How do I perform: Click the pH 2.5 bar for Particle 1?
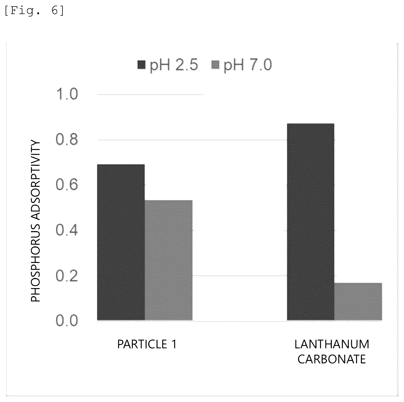click(x=121, y=242)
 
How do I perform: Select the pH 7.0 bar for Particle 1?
click(x=169, y=260)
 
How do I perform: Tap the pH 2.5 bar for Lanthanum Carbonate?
click(x=311, y=222)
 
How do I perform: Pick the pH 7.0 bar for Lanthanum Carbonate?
click(x=358, y=302)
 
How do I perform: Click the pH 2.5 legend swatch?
click(x=141, y=65)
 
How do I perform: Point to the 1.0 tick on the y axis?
click(x=67, y=94)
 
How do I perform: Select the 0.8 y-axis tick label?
click(x=67, y=140)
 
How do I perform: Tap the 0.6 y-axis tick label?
click(x=67, y=185)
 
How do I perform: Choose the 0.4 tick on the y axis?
click(x=67, y=230)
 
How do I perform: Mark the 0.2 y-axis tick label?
click(x=67, y=276)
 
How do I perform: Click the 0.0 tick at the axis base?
click(x=67, y=321)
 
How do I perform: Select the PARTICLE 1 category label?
click(x=147, y=344)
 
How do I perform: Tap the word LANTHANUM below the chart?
click(x=332, y=344)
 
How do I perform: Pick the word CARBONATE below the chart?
click(x=332, y=359)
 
